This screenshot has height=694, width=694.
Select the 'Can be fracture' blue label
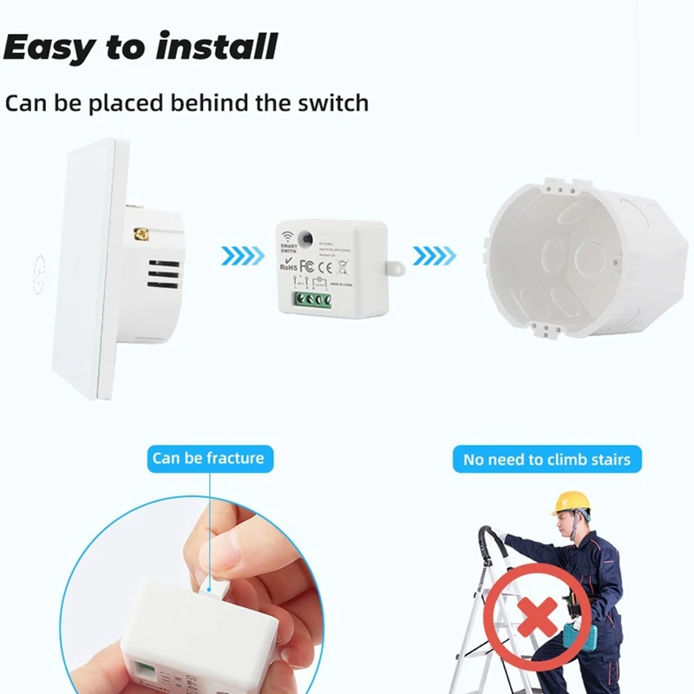pyautogui.click(x=207, y=457)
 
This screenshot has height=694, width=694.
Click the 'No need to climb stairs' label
pyautogui.click(x=547, y=459)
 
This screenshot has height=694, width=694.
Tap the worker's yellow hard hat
pyautogui.click(x=570, y=501)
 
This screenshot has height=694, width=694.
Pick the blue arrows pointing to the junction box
pyautogui.click(x=433, y=256)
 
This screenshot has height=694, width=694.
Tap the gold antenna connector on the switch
pyautogui.click(x=137, y=233)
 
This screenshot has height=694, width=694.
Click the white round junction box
pyautogui.click(x=573, y=260)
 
